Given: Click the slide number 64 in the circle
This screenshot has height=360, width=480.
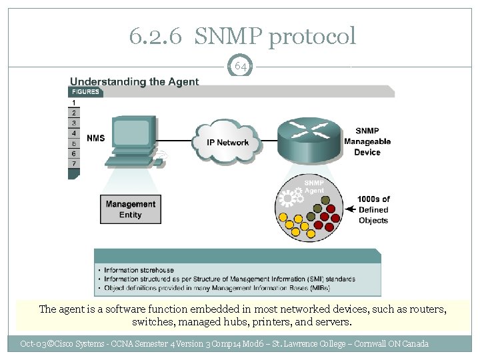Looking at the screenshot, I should point(241,66).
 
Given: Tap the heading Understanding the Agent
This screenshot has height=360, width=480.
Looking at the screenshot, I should point(135,82).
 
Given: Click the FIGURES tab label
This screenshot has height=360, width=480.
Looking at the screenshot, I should point(85,92).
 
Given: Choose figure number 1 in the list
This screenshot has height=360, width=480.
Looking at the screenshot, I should point(73,102).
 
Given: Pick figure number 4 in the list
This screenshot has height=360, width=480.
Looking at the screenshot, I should point(73,133).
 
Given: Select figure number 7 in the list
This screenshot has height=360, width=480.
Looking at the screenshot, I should point(73,163).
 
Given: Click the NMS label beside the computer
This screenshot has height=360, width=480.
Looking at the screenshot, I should point(95,138).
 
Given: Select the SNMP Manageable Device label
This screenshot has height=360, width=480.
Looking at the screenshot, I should point(367,141).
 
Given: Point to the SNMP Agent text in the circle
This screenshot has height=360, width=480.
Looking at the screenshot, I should point(314,186).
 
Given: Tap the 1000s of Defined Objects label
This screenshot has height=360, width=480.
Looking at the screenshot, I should point(373,209).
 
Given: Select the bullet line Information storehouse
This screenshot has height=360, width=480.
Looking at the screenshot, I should point(139,271).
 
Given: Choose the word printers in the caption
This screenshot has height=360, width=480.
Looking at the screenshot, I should point(274,322).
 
